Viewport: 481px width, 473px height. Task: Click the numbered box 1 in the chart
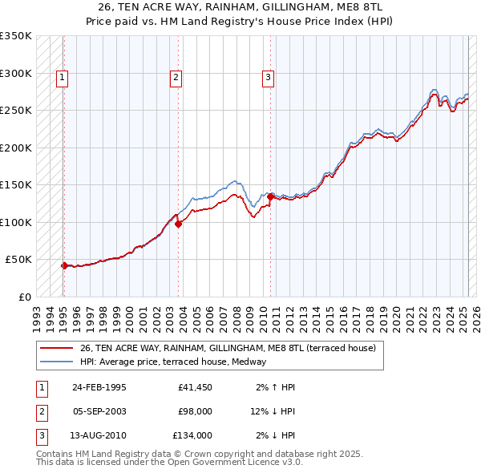tap(62, 78)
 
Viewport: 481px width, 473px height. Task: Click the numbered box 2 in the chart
tap(176, 78)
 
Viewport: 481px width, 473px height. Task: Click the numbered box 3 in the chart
tap(268, 78)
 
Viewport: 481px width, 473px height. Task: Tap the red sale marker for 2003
tap(179, 224)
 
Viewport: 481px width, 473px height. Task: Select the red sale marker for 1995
tap(64, 265)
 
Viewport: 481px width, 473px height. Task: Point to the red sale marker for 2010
tap(271, 196)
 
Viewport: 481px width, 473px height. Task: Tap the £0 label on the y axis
tap(24, 297)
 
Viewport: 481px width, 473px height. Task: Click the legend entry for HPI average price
tap(177, 362)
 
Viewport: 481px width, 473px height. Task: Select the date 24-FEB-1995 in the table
tap(99, 387)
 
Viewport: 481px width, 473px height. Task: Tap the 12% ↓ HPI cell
tap(273, 411)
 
